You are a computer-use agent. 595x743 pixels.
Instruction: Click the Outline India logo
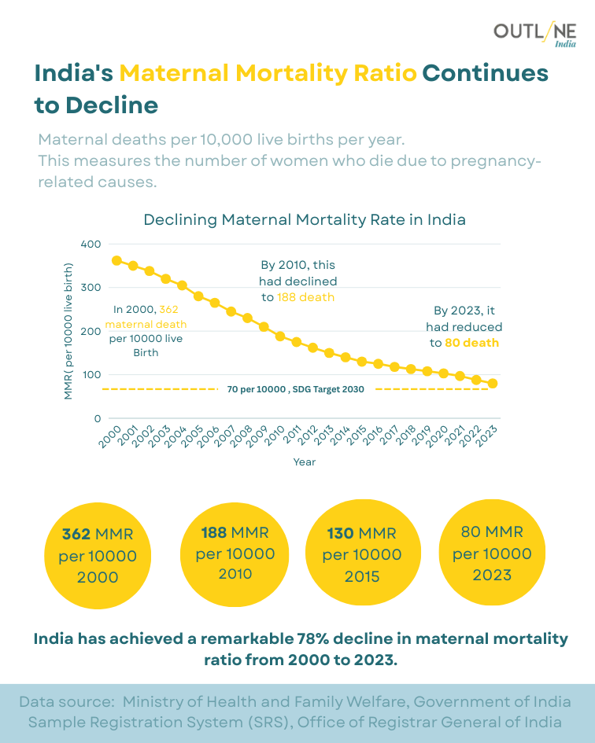[534, 34]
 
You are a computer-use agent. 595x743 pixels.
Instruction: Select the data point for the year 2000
[116, 260]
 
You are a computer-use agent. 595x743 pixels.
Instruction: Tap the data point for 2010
[279, 336]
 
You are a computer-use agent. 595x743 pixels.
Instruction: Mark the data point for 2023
[493, 384]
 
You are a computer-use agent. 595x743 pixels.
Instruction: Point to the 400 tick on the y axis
[91, 244]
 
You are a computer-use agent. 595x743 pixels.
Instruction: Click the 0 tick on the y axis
[98, 418]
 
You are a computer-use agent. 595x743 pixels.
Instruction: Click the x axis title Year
[305, 462]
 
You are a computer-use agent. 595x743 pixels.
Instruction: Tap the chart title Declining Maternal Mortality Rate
[305, 219]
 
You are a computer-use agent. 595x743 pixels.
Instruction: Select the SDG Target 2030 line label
[295, 389]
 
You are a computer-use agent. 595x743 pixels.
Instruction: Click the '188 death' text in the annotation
[305, 297]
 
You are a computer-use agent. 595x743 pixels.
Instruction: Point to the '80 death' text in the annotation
[471, 343]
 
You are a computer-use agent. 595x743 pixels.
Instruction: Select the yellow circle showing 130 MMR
[362, 554]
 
